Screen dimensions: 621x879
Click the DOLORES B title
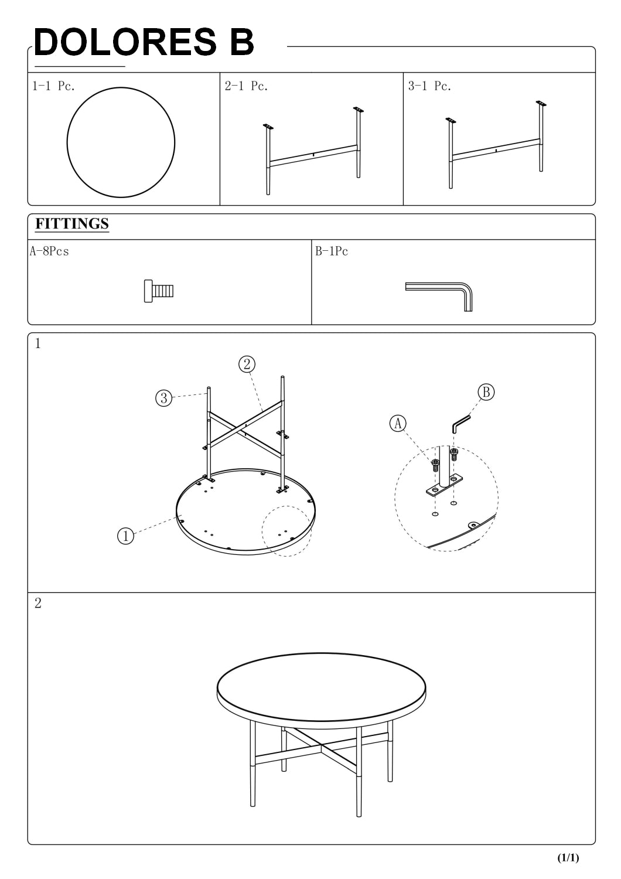144,42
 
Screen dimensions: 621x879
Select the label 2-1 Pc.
246,86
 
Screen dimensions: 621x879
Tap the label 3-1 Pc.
429,86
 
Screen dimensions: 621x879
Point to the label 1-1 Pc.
53,86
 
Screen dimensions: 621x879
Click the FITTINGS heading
72,224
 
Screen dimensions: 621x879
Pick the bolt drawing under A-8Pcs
159,291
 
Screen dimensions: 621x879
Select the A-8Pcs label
49,251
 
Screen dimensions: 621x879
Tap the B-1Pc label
332,251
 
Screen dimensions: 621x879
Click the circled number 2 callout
247,364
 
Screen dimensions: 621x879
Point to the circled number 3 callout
164,398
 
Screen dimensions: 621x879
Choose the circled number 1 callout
125,536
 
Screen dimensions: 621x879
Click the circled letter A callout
398,424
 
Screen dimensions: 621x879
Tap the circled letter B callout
486,391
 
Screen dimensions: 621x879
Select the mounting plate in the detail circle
445,485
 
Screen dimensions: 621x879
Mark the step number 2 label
37,603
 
